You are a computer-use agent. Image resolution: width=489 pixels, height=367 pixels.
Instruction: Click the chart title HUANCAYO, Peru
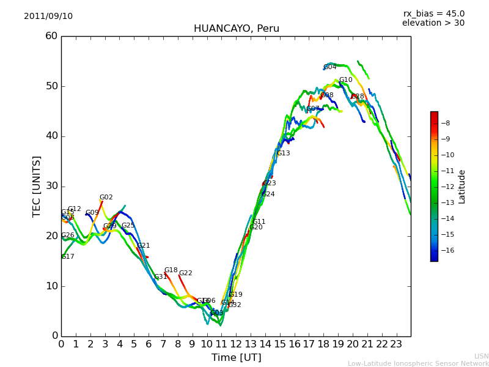[237, 29]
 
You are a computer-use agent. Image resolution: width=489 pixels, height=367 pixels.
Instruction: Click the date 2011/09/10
[48, 16]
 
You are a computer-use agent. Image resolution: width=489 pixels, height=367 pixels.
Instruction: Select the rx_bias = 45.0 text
[433, 13]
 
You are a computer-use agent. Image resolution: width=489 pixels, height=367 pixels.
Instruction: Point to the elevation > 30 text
[433, 23]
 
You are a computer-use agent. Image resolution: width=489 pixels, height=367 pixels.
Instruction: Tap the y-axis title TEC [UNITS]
[37, 186]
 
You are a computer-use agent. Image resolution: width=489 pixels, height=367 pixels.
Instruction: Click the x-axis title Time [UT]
[236, 358]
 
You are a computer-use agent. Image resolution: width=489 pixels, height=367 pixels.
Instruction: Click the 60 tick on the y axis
[51, 36]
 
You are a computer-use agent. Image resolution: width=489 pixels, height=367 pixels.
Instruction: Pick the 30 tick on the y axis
[51, 186]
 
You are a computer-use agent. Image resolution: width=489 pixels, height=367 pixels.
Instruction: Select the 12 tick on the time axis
[236, 344]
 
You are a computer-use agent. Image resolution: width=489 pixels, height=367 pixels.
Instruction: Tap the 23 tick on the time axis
[396, 344]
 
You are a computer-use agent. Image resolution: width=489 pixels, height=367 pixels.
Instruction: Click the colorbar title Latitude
[462, 187]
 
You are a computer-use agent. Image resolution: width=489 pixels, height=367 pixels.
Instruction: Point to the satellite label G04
[330, 67]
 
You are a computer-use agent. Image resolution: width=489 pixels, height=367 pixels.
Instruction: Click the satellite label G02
[106, 198]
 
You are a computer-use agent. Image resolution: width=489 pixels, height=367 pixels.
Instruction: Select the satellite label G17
[68, 257]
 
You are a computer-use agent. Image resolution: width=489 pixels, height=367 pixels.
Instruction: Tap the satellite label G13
[284, 154]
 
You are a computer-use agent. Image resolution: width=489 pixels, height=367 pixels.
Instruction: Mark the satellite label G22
[186, 273]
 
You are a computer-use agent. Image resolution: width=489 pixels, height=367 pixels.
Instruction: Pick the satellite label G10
[346, 80]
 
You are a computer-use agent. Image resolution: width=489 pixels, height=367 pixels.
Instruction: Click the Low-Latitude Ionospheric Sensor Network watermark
[418, 363]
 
